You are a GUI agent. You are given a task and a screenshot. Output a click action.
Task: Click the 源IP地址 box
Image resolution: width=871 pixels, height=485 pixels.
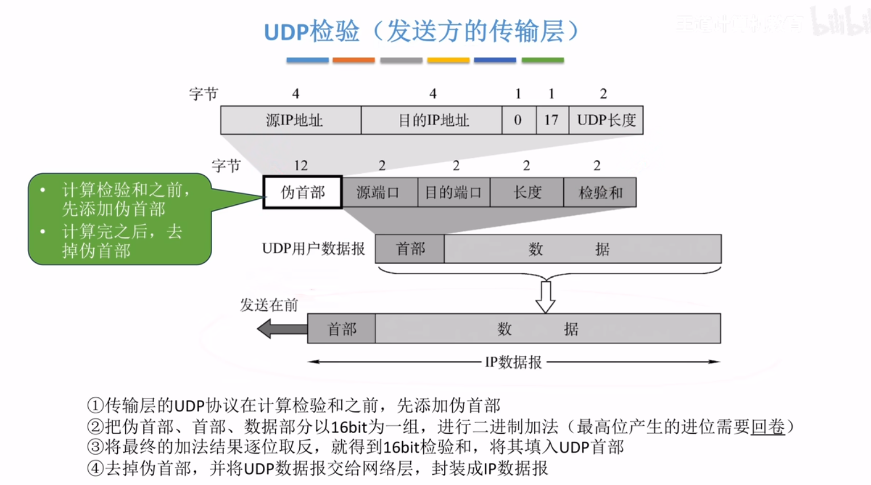pyautogui.click(x=291, y=120)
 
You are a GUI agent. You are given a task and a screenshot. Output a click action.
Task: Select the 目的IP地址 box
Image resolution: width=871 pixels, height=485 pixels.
pyautogui.click(x=432, y=120)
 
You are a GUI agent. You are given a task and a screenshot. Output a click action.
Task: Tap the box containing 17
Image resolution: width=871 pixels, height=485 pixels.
pyautogui.click(x=552, y=120)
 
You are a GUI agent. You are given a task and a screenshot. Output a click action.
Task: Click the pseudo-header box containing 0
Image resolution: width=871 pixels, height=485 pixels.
pyautogui.click(x=519, y=120)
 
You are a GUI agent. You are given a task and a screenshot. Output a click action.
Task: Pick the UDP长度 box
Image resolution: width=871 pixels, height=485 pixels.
pyautogui.click(x=606, y=120)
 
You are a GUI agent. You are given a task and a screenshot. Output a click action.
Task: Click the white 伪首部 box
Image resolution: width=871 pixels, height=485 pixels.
pyautogui.click(x=303, y=192)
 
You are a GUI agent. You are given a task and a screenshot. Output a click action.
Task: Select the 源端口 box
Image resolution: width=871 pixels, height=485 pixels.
pyautogui.click(x=380, y=192)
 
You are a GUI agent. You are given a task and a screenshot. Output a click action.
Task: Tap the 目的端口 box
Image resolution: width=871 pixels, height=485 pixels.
pyautogui.click(x=454, y=192)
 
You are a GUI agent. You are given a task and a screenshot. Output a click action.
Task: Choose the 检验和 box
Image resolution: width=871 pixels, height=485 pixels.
pyautogui.click(x=600, y=192)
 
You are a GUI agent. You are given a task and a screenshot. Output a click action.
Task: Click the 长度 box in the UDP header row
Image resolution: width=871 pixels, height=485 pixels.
pyautogui.click(x=527, y=192)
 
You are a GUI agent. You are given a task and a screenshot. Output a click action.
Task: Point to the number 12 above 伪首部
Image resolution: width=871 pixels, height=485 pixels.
pyautogui.click(x=300, y=166)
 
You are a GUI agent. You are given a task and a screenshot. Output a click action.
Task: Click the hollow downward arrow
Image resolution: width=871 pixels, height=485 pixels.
pyautogui.click(x=546, y=297)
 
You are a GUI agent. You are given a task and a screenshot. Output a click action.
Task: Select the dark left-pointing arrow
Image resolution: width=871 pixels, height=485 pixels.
pyautogui.click(x=282, y=329)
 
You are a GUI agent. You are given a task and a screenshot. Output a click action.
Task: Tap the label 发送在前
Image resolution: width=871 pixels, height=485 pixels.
pyautogui.click(x=269, y=305)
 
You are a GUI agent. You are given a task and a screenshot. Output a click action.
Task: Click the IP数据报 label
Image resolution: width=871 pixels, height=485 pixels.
pyautogui.click(x=513, y=362)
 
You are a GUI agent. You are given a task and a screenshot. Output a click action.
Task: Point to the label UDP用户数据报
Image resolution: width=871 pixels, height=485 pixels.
pyautogui.click(x=313, y=249)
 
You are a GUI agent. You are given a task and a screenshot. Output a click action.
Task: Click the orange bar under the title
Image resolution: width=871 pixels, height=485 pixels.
pyautogui.click(x=353, y=60)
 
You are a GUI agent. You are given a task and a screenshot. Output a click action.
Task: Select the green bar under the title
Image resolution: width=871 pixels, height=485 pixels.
pyautogui.click(x=543, y=60)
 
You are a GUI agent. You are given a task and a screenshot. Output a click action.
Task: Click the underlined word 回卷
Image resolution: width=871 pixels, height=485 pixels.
pyautogui.click(x=767, y=427)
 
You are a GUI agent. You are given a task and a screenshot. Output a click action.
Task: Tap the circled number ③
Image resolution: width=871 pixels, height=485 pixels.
pyautogui.click(x=95, y=447)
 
